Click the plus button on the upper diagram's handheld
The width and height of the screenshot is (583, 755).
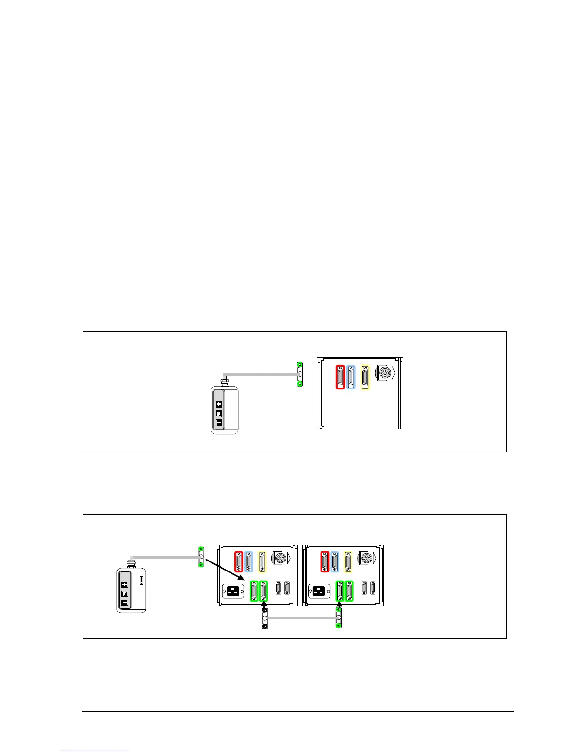click(219, 404)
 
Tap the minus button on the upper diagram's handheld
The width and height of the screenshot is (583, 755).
click(219, 422)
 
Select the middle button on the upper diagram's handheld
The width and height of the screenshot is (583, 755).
click(219, 413)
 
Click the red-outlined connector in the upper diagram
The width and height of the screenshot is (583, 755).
click(340, 377)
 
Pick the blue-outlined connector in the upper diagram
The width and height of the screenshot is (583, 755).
click(351, 377)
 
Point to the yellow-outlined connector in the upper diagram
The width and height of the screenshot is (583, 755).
click(365, 377)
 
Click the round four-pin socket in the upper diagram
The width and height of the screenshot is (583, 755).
click(385, 373)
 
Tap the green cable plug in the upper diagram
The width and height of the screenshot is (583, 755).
click(299, 374)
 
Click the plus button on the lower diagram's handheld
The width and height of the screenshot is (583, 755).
click(125, 584)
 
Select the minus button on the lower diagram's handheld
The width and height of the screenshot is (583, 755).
click(125, 603)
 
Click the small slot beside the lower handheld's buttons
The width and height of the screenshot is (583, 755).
click(141, 581)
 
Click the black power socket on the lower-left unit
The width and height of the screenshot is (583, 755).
click(233, 591)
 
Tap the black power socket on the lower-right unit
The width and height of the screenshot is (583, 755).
click(319, 591)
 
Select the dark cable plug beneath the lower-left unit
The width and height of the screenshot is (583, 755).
click(265, 618)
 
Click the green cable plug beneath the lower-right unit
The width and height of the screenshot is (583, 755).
click(339, 618)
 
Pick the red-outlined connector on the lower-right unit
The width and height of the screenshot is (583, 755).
click(325, 561)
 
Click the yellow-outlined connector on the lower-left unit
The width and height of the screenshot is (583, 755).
click(262, 561)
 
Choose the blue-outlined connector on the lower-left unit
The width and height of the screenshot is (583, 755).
click(249, 561)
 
